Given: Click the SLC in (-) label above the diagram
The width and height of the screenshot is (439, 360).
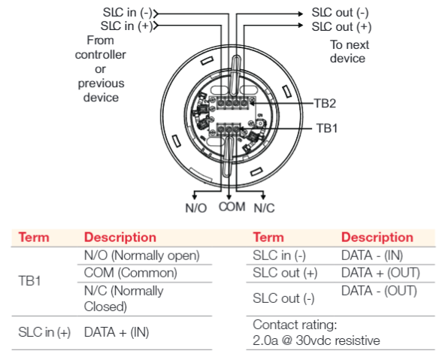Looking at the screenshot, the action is pyautogui.click(x=127, y=13).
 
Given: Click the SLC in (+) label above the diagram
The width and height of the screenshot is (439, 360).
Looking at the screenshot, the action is pyautogui.click(x=126, y=26).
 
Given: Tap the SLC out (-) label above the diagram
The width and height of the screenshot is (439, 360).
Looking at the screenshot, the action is pyautogui.click(x=340, y=13).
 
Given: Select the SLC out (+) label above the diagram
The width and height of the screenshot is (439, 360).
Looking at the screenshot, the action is pyautogui.click(x=341, y=27).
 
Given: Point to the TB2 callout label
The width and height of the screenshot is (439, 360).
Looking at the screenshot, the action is pyautogui.click(x=325, y=103).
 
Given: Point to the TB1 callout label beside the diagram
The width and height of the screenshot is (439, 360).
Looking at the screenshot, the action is pyautogui.click(x=327, y=129).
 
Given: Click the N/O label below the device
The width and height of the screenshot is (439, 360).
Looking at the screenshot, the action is pyautogui.click(x=196, y=208).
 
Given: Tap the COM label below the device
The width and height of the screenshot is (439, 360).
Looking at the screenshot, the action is pyautogui.click(x=232, y=207).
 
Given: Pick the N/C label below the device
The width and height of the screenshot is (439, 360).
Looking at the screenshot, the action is pyautogui.click(x=264, y=208).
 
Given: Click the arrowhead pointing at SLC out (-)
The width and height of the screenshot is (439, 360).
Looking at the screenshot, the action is pyautogui.click(x=301, y=14).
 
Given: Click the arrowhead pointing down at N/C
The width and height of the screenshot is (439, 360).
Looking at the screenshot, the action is pyautogui.click(x=263, y=196).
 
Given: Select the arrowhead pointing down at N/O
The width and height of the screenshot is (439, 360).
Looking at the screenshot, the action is pyautogui.click(x=195, y=196).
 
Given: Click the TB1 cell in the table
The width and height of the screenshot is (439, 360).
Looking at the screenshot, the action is pyautogui.click(x=29, y=281).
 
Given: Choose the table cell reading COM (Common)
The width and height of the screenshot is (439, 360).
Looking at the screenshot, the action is pyautogui.click(x=131, y=273).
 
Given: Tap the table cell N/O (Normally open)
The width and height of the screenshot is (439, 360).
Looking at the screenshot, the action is pyautogui.click(x=141, y=256).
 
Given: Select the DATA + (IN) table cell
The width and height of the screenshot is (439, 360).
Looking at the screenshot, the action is pyautogui.click(x=117, y=332).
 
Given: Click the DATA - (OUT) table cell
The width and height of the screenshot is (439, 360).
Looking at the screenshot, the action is pyautogui.click(x=379, y=291).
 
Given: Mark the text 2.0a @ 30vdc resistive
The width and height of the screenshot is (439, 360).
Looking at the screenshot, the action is pyautogui.click(x=316, y=340).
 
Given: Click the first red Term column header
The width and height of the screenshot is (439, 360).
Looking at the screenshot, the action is pyautogui.click(x=34, y=237).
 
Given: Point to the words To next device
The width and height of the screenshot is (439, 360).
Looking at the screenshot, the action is pyautogui.click(x=350, y=52).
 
